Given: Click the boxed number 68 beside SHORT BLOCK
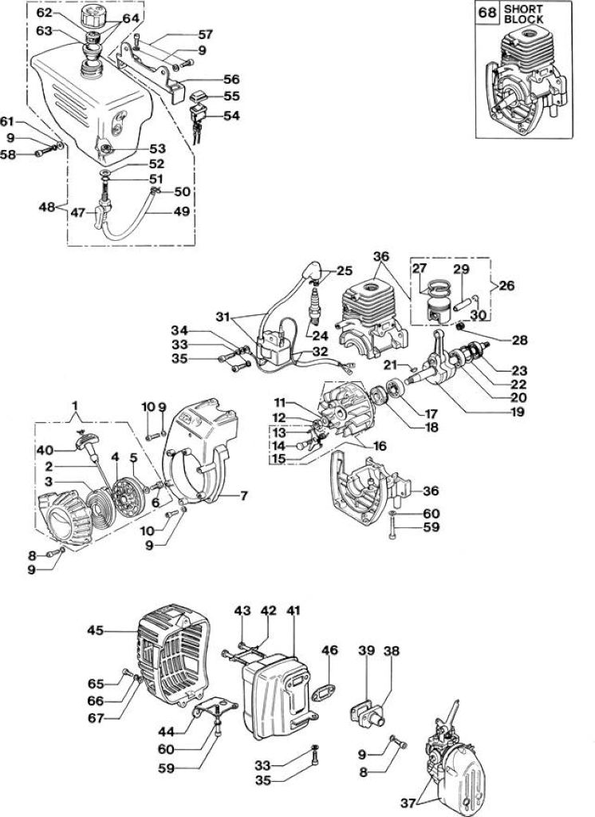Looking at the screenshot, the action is click(x=487, y=13).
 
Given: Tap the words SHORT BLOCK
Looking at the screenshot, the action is click(x=524, y=14).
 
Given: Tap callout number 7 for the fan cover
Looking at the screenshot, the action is click(x=242, y=495).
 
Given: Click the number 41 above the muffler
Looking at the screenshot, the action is click(x=294, y=610).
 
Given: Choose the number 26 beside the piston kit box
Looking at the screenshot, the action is click(x=506, y=285).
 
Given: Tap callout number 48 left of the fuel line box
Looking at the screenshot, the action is click(x=48, y=207).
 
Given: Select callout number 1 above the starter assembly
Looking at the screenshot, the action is click(x=76, y=405).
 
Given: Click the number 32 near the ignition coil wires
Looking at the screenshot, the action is click(x=321, y=351).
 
